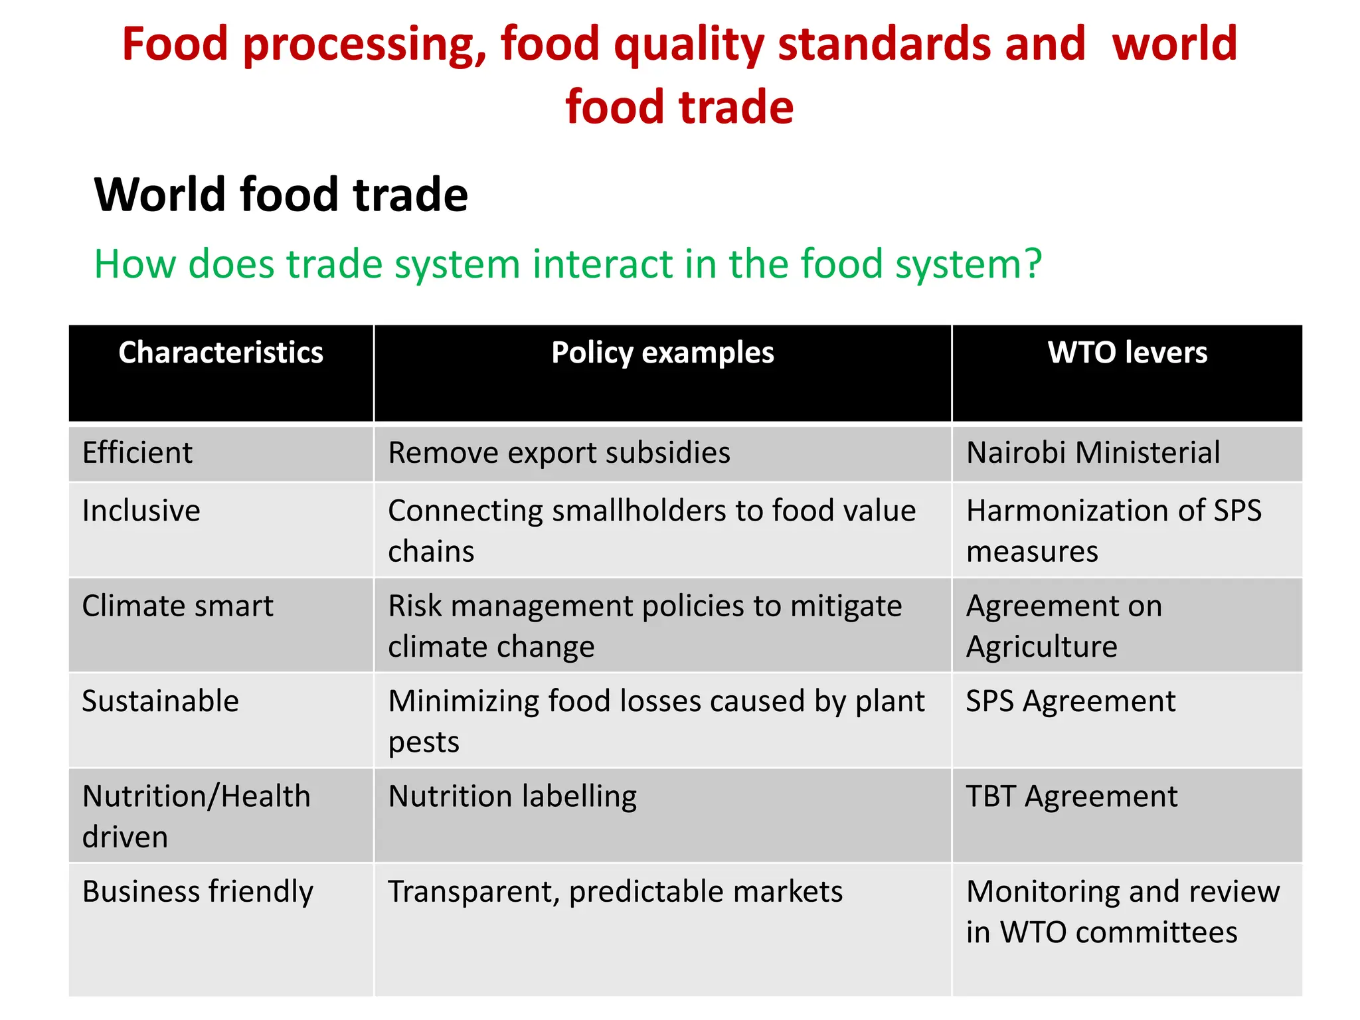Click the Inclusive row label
pyautogui.click(x=141, y=511)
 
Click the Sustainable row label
pyautogui.click(x=160, y=701)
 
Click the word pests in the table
pyautogui.click(x=424, y=742)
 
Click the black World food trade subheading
pyautogui.click(x=281, y=195)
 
